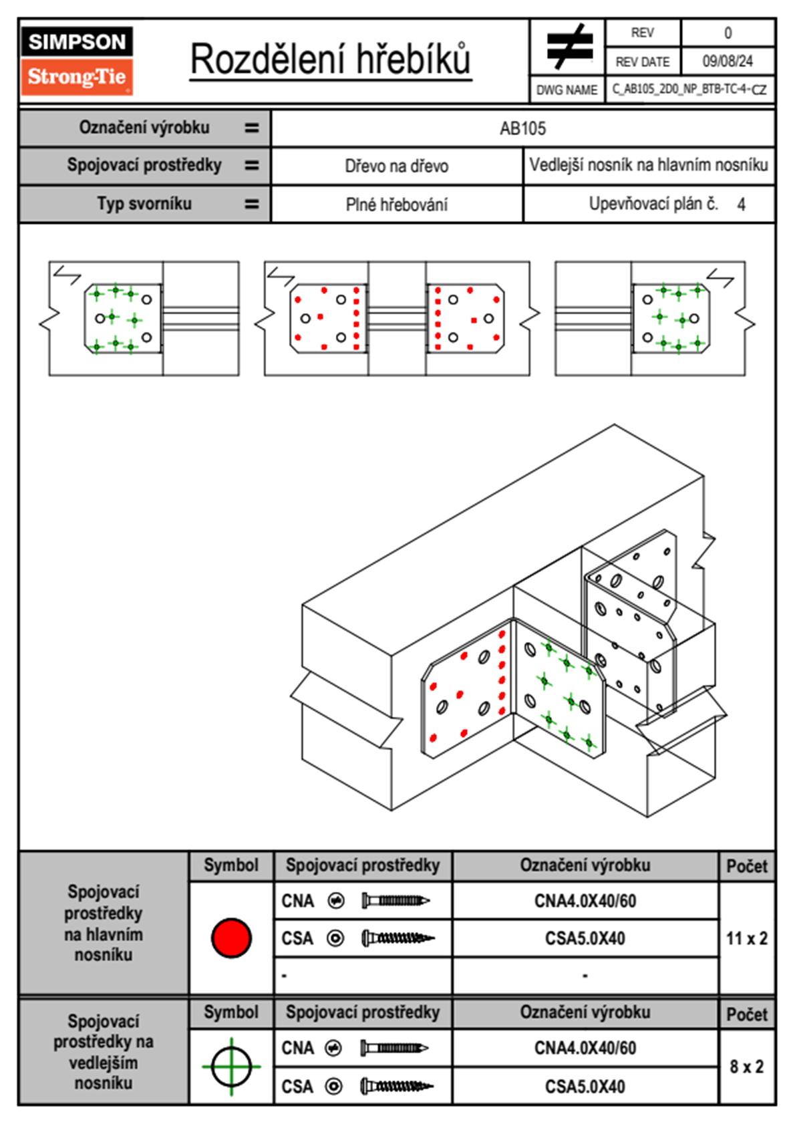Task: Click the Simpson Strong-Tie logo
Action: coord(77,60)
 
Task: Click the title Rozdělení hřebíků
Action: coord(331,59)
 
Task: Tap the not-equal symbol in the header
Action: coord(569,47)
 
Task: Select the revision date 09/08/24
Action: coord(727,61)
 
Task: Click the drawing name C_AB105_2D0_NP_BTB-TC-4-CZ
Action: coord(689,89)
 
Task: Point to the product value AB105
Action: coord(522,128)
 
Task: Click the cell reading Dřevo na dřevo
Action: coord(396,166)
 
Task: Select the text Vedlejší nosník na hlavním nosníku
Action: coord(648,165)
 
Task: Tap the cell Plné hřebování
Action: coord(396,204)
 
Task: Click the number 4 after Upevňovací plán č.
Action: coord(741,204)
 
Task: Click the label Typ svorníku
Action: coord(144,203)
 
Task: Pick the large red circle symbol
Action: coord(231,938)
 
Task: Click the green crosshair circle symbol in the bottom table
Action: coord(231,1067)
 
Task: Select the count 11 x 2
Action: coord(746,938)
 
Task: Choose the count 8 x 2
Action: coord(746,1067)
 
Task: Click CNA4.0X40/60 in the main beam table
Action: coord(585,901)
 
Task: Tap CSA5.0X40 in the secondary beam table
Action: coord(585,1087)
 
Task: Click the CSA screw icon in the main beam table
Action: coord(397,938)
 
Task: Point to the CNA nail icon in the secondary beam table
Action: coord(394,1048)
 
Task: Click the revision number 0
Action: coord(728,33)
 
